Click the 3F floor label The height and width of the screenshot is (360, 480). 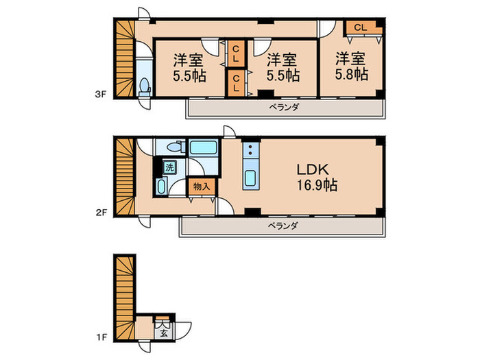click(x=100, y=95)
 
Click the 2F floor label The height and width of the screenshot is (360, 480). click(x=101, y=212)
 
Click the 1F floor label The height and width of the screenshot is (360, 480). click(x=101, y=337)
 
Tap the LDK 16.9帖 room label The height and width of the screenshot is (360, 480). click(x=317, y=177)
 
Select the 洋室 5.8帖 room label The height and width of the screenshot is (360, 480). click(x=351, y=67)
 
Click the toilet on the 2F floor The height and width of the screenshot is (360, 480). click(x=176, y=147)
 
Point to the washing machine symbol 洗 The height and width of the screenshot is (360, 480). click(x=169, y=167)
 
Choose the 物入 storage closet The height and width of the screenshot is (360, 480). click(x=202, y=187)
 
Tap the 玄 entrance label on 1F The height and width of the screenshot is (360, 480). click(x=164, y=333)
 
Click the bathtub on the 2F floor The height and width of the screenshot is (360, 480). click(x=203, y=147)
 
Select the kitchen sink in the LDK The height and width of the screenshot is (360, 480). click(x=251, y=178)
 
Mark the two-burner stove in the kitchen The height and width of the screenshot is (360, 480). click(x=251, y=149)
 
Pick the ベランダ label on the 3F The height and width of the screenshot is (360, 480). click(x=284, y=108)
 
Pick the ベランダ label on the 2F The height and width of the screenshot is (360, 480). click(x=283, y=226)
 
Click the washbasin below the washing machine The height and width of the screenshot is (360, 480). click(x=161, y=187)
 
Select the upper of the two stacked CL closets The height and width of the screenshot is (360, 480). click(x=236, y=53)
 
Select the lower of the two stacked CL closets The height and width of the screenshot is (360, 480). click(x=236, y=83)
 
